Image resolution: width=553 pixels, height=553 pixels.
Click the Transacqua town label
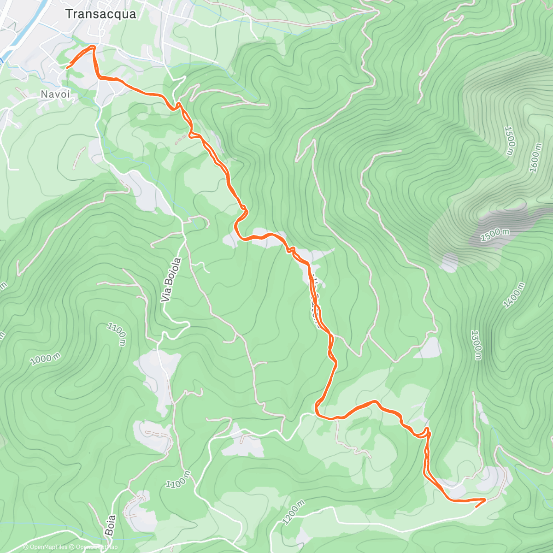(x=100, y=14)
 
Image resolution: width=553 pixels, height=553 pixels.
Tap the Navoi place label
(x=55, y=94)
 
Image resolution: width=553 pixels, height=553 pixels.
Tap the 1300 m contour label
(x=477, y=345)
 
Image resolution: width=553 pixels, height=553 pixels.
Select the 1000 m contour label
(x=45, y=359)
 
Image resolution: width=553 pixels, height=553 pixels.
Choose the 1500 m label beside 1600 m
(x=510, y=141)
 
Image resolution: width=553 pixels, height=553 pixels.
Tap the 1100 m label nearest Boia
(x=178, y=479)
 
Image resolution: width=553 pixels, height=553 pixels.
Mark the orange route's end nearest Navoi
(x=68, y=68)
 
